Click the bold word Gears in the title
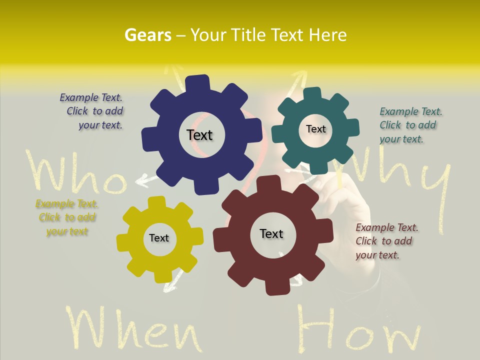[x=148, y=35]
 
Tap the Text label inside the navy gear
[x=199, y=135]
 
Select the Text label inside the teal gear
[x=315, y=129]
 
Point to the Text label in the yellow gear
[x=159, y=238]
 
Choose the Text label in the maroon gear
[x=271, y=233]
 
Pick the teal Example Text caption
[x=409, y=125]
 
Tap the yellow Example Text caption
[x=67, y=217]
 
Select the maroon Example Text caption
[x=386, y=241]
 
